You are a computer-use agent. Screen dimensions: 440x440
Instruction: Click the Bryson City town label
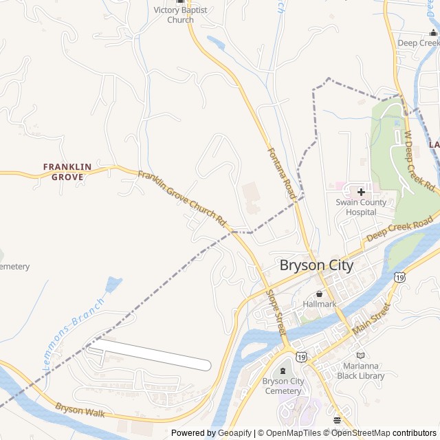click(316, 265)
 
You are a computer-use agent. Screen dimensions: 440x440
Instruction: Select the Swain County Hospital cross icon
click(361, 192)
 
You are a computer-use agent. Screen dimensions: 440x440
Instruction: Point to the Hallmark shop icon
click(318, 294)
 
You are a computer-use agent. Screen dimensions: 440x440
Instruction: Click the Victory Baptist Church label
click(180, 15)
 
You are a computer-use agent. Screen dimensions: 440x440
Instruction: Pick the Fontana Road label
click(281, 173)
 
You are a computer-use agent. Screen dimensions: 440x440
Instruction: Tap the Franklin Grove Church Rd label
click(182, 199)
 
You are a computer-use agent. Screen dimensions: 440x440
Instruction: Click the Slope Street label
click(276, 313)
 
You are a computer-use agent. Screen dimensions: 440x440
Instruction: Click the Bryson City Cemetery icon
click(283, 372)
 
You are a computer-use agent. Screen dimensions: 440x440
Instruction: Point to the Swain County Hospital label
click(361, 207)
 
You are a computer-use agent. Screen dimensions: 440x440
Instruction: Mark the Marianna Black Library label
click(361, 371)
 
